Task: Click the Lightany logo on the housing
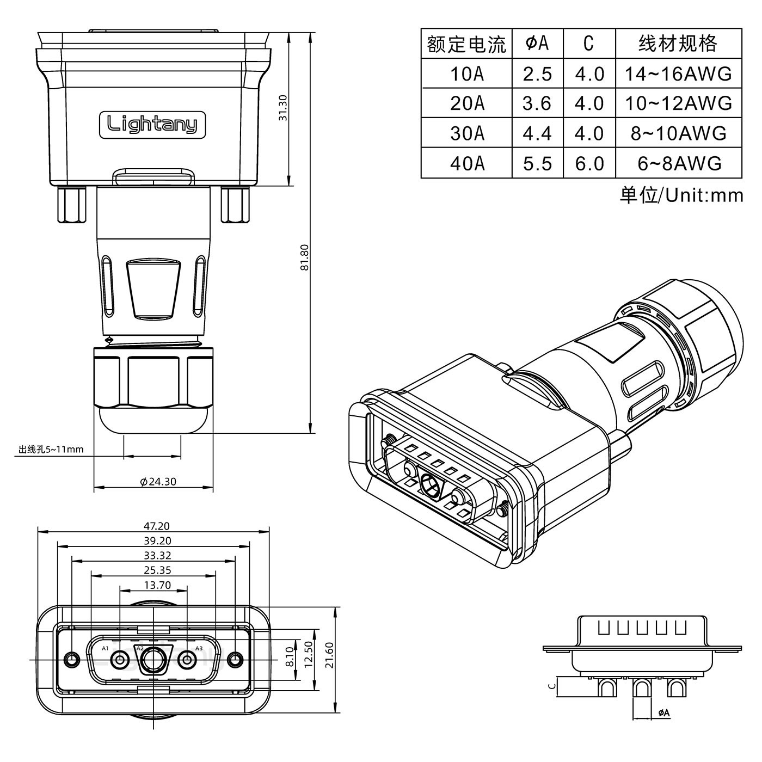pos(152,125)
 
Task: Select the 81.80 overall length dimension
pos(305,257)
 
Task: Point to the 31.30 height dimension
pos(282,108)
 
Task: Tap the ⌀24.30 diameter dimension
pos(158,482)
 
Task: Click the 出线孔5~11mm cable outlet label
pos(51,450)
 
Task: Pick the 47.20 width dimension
pos(156,526)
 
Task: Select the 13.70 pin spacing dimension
pos(157,586)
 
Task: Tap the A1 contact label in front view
pos(105,648)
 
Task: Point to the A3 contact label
pos(199,648)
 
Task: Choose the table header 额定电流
pos(466,44)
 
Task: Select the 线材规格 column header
pos(678,44)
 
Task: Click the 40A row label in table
pos(466,163)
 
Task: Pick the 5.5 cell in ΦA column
pos(537,163)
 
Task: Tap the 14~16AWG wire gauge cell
pos(678,73)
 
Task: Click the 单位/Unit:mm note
pos(681,195)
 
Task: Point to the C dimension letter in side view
pos(551,686)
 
